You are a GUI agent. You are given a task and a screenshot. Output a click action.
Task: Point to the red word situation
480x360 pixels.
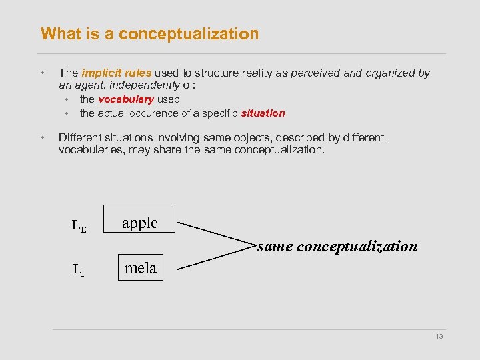click(263, 113)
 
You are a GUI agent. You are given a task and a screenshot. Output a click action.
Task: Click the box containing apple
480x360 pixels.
click(139, 219)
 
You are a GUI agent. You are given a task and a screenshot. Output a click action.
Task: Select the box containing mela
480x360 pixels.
click(140, 267)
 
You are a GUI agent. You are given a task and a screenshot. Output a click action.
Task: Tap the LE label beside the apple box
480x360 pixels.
click(79, 225)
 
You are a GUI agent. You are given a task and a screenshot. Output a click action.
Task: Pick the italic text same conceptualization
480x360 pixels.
click(337, 246)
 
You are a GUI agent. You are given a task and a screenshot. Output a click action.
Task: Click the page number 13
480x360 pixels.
click(439, 337)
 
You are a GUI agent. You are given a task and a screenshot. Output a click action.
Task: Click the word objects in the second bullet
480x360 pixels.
click(249, 138)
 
